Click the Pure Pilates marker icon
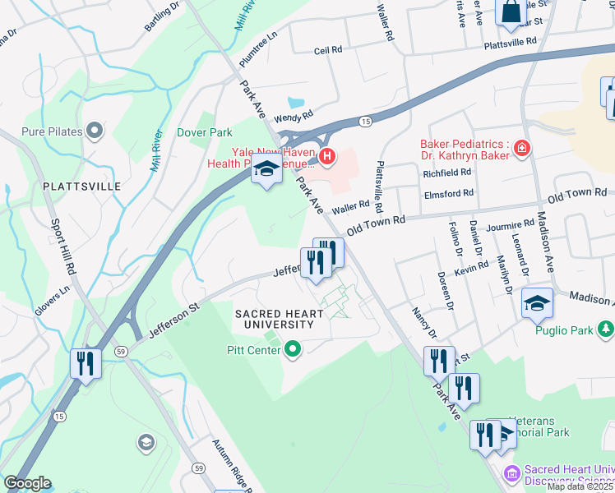[x=95, y=130]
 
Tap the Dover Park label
[x=205, y=132]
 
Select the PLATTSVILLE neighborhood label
[x=82, y=187]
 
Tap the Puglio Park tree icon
[x=606, y=329]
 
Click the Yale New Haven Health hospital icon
[x=327, y=155]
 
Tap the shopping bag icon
[x=511, y=12]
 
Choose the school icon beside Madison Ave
[x=538, y=305]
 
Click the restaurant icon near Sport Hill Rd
[x=86, y=362]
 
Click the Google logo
[x=27, y=483]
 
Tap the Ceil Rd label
[x=327, y=50]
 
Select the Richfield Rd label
[x=446, y=173]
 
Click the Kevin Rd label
[x=471, y=270]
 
